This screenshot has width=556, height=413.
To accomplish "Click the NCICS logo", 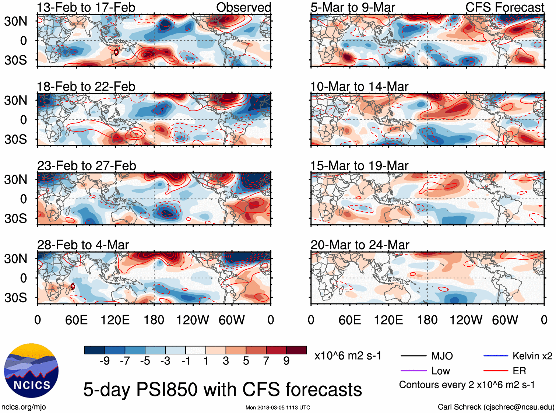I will click(31, 371).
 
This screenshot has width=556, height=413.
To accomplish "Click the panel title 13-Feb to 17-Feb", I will click(86, 7).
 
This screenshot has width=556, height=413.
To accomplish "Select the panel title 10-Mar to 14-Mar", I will click(359, 87).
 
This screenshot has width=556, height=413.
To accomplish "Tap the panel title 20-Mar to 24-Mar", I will click(360, 245).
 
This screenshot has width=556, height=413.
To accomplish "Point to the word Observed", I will click(243, 7).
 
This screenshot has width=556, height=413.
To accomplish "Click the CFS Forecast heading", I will click(504, 7).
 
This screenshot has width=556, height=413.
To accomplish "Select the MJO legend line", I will click(413, 356).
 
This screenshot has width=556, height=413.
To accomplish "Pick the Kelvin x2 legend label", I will click(532, 356).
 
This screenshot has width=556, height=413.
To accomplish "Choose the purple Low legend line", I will click(413, 371).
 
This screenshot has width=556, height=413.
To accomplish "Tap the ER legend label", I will click(519, 371).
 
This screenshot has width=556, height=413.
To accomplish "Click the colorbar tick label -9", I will click(105, 361).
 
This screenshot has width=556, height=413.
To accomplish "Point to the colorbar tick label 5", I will click(246, 361).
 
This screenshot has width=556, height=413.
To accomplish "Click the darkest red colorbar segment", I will click(296, 350).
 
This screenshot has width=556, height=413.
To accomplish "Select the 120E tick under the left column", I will click(115, 320).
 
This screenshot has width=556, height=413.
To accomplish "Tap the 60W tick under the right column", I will click(505, 320).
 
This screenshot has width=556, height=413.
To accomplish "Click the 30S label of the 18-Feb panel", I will click(15, 139).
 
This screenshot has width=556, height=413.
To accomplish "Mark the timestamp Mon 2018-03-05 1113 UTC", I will click(278, 407).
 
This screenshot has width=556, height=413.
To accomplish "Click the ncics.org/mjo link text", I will click(24, 407).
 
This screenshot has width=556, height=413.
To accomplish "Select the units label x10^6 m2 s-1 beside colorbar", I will click(348, 356).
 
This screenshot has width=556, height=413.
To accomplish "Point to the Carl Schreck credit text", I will click(496, 407).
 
